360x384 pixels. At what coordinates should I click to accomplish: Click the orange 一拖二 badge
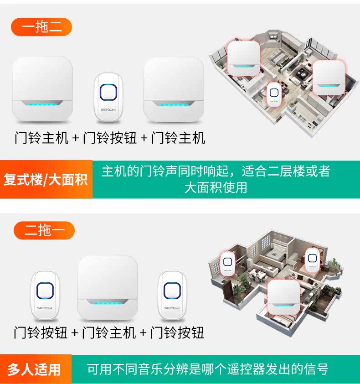tap(41, 27)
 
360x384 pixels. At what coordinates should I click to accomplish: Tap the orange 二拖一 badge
tap(44, 230)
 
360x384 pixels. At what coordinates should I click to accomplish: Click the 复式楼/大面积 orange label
tap(46, 179)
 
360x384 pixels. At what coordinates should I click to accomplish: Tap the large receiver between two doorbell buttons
tap(108, 287)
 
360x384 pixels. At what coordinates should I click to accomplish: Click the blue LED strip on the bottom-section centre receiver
tap(108, 303)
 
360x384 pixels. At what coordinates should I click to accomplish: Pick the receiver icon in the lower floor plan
tap(284, 296)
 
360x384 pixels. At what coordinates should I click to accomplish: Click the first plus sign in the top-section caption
tap(76, 138)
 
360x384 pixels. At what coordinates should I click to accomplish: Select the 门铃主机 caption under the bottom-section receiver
tap(109, 332)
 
